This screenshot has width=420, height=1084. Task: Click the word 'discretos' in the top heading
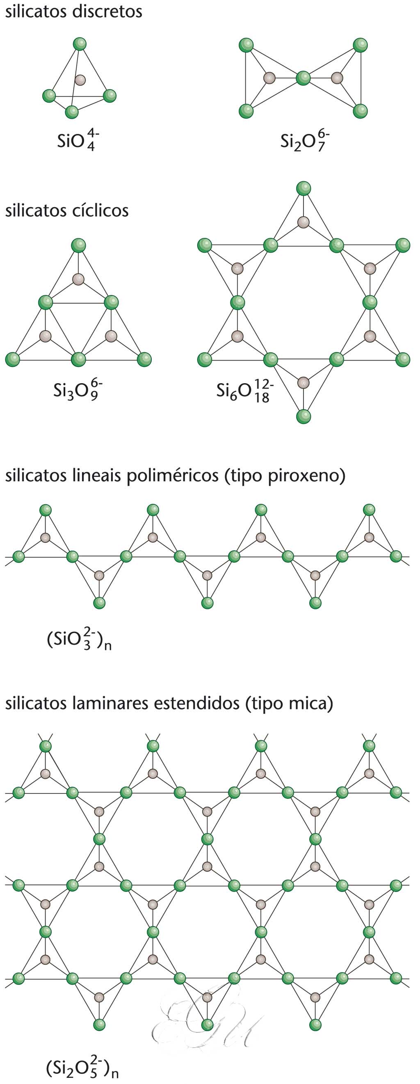(107, 11)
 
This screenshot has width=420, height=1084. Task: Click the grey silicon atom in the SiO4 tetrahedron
(80, 79)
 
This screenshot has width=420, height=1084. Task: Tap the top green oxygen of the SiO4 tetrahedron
(80, 44)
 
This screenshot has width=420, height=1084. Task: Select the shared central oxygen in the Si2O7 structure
(303, 78)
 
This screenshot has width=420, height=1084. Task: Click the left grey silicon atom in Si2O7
(269, 78)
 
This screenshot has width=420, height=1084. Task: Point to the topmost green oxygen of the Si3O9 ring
(78, 245)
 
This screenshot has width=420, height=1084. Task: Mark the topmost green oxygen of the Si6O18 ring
(304, 188)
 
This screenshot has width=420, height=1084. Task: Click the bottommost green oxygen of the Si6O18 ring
(304, 416)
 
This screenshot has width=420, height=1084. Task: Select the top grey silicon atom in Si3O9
(78, 279)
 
